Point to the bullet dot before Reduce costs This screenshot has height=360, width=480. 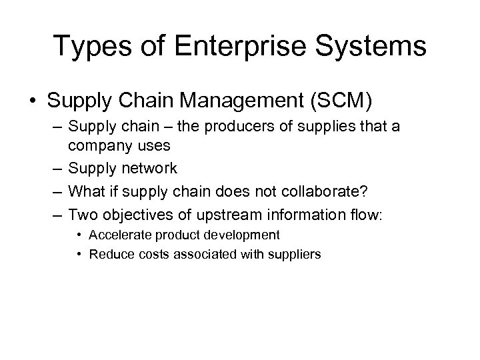[x=79, y=254]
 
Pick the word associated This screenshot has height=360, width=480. [x=188, y=254]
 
